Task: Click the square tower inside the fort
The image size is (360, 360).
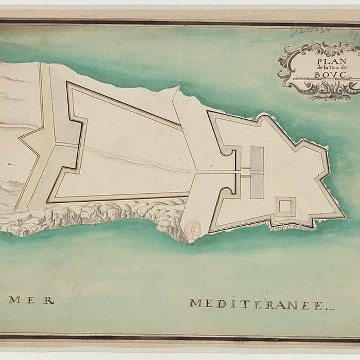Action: tap(284, 207)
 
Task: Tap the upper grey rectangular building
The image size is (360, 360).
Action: tap(257, 158)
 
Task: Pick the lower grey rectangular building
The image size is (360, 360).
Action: tap(257, 186)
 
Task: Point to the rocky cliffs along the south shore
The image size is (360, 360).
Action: tap(103, 216)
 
